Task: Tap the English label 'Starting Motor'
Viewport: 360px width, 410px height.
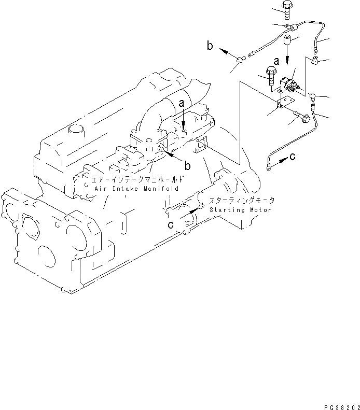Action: point(240,210)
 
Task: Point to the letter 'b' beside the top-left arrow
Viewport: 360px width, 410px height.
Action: point(210,46)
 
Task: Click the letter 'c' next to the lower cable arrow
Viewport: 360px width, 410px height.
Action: point(292,156)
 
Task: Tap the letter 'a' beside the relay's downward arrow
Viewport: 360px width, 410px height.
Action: point(276,61)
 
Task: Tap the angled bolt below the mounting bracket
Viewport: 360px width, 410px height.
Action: point(303,119)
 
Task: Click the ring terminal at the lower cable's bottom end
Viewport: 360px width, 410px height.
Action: point(267,167)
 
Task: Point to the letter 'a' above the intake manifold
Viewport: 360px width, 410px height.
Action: point(182,104)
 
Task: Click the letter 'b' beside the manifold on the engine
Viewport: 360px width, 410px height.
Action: point(187,166)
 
